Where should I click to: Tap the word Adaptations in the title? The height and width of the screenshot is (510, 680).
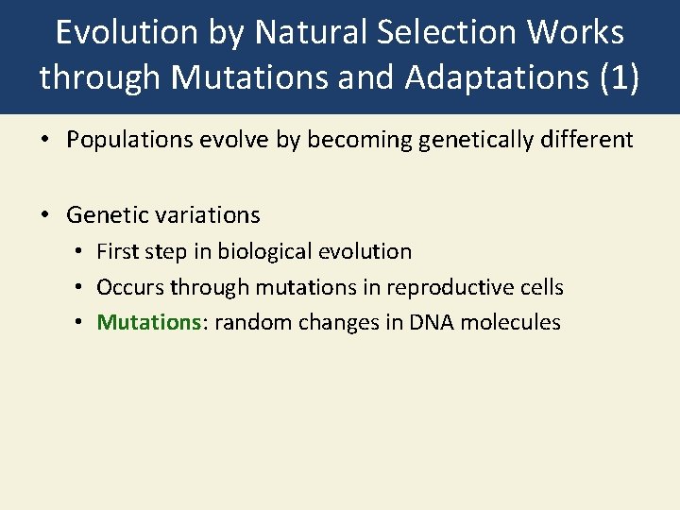(x=497, y=78)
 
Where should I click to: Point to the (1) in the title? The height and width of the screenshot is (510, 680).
(x=620, y=78)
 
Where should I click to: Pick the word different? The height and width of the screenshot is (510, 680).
(x=586, y=141)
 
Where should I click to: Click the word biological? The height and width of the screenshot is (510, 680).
(x=263, y=251)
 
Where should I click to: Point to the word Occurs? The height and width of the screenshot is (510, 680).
(x=130, y=287)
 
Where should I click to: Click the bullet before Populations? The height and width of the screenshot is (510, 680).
(x=44, y=141)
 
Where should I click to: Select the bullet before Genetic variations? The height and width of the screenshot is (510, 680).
(x=44, y=215)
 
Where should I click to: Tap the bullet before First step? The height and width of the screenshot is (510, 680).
(x=80, y=252)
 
